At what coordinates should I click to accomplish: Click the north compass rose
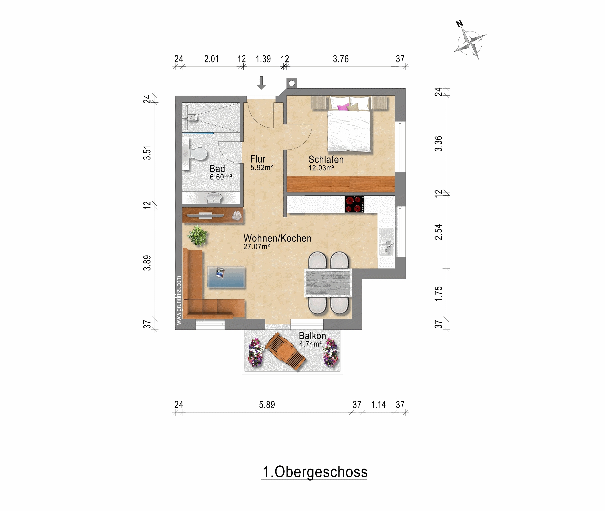pyautogui.click(x=470, y=43)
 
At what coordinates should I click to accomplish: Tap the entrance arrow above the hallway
pyautogui.click(x=261, y=83)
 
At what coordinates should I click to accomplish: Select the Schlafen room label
pyautogui.click(x=326, y=159)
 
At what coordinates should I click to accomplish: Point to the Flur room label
pyautogui.click(x=258, y=159)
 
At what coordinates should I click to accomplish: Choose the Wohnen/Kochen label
pyautogui.click(x=278, y=238)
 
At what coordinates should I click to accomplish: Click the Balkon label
pyautogui.click(x=312, y=335)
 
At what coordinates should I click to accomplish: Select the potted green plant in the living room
pyautogui.click(x=198, y=235)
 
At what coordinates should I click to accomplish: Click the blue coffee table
pyautogui.click(x=226, y=277)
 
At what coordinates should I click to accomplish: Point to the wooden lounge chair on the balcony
pyautogui.click(x=286, y=351)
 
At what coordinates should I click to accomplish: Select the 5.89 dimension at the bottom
pyautogui.click(x=267, y=405)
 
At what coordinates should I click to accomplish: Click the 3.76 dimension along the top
pyautogui.click(x=341, y=59)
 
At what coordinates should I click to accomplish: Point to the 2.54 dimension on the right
pyautogui.click(x=438, y=232)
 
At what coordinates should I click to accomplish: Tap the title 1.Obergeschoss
pyautogui.click(x=315, y=472)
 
